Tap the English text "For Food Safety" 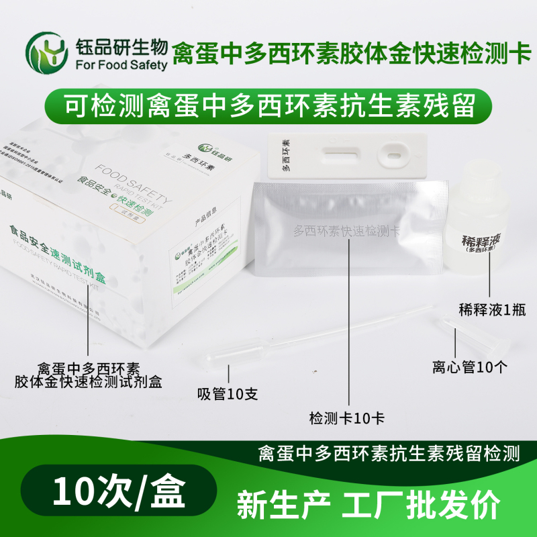point(122,65)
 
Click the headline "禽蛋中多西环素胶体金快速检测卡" point(346,52)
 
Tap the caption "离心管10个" point(471,367)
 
